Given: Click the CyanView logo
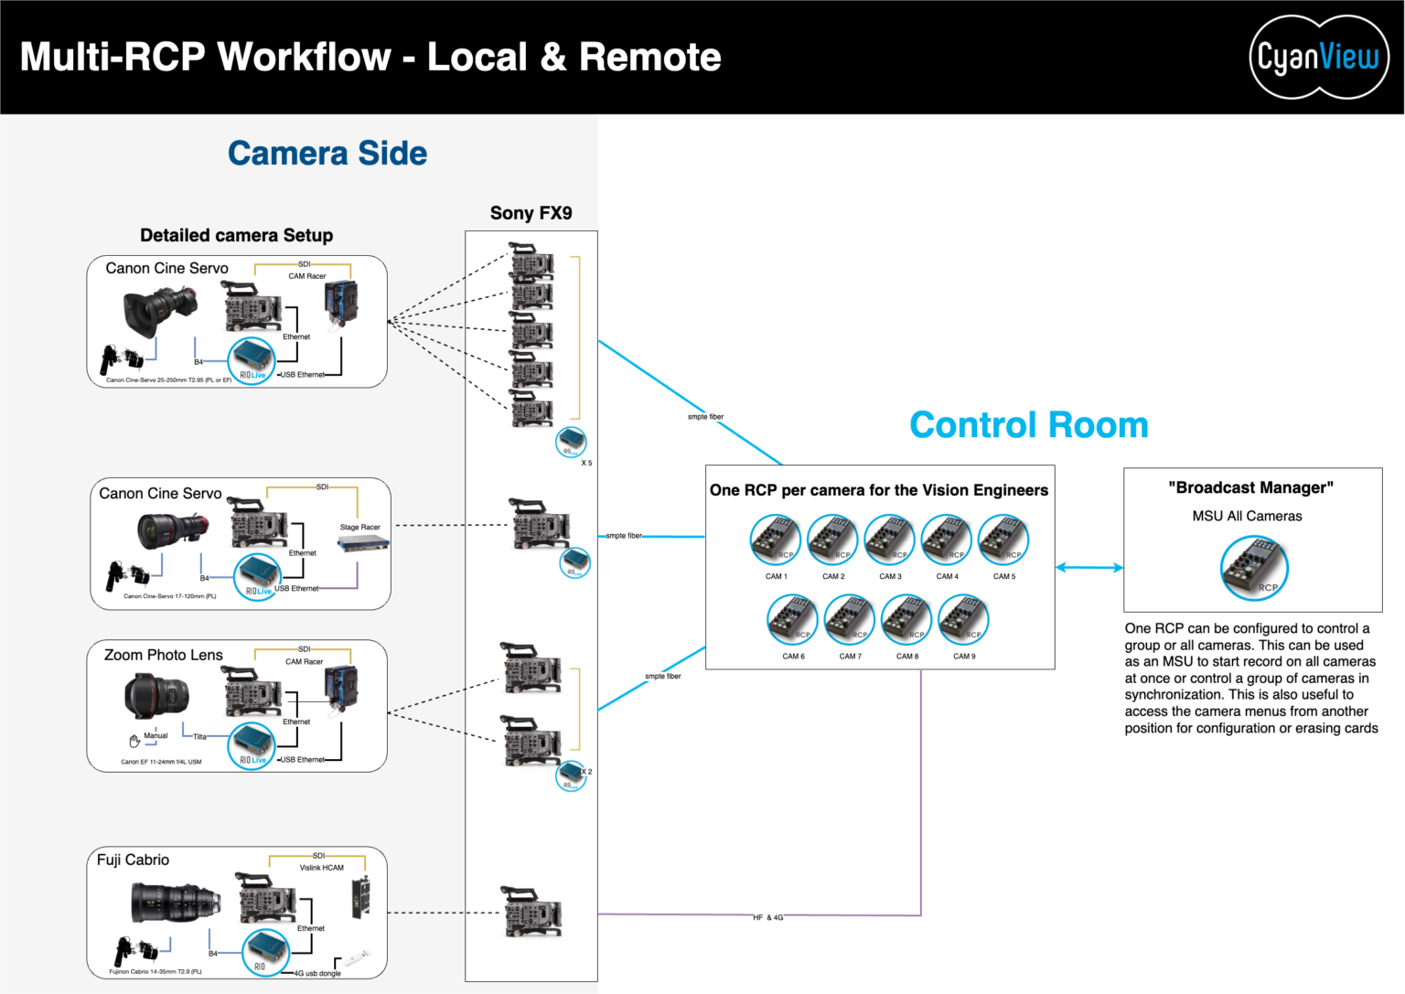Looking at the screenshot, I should coord(1318,57).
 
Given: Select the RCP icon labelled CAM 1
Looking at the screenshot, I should coord(776,540).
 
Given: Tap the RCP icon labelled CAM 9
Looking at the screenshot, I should coord(963,620).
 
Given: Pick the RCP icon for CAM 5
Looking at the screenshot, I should coord(1003,540).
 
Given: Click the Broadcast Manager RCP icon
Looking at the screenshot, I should coord(1254,568).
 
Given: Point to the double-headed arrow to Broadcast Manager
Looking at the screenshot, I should coord(1089,568).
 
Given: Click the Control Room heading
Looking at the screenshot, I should coord(1028,425).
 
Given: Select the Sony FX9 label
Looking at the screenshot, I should coord(531,213).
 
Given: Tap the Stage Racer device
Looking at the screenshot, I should coord(362,544).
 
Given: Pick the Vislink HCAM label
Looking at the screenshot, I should coord(322,868).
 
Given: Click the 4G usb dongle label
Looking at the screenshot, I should coord(317,973).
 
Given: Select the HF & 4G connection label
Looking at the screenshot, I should coord(768,917).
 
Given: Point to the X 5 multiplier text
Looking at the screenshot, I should coord(586,463).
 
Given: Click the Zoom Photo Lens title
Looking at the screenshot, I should coord(164,655).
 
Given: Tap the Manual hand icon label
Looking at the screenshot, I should coord(155,736).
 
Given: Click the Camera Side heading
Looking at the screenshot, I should coord(327,154).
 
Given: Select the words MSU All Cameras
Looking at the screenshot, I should coord(1247,516).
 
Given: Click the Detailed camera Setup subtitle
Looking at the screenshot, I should coord(236,235).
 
